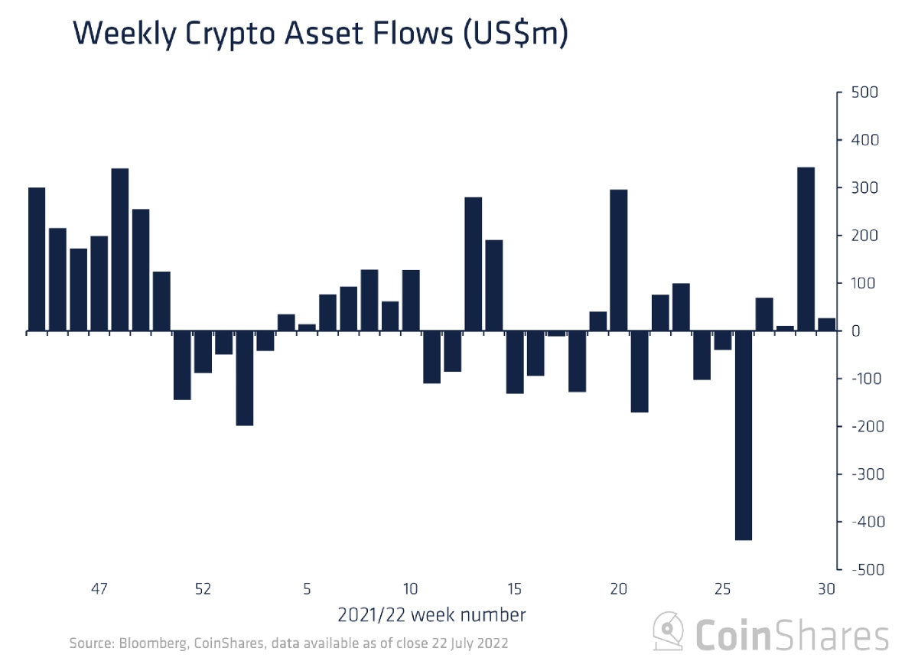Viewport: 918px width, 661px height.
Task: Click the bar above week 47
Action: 99,283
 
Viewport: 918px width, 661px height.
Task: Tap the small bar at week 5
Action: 307,327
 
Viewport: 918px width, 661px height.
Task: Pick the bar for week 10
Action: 411,301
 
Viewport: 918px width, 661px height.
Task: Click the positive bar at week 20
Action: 619,260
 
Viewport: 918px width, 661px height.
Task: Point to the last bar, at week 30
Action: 827,324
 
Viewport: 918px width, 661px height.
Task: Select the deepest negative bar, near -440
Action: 744,435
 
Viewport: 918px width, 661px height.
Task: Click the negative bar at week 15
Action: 515,362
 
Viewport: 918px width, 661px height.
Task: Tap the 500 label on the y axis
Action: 864,93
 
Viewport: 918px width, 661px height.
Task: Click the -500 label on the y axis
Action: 861,569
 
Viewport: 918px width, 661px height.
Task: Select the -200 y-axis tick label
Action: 861,426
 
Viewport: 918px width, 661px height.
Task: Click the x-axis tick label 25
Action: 723,589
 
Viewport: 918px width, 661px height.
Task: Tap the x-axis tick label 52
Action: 203,589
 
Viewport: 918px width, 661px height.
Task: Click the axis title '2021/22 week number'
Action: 431,614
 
